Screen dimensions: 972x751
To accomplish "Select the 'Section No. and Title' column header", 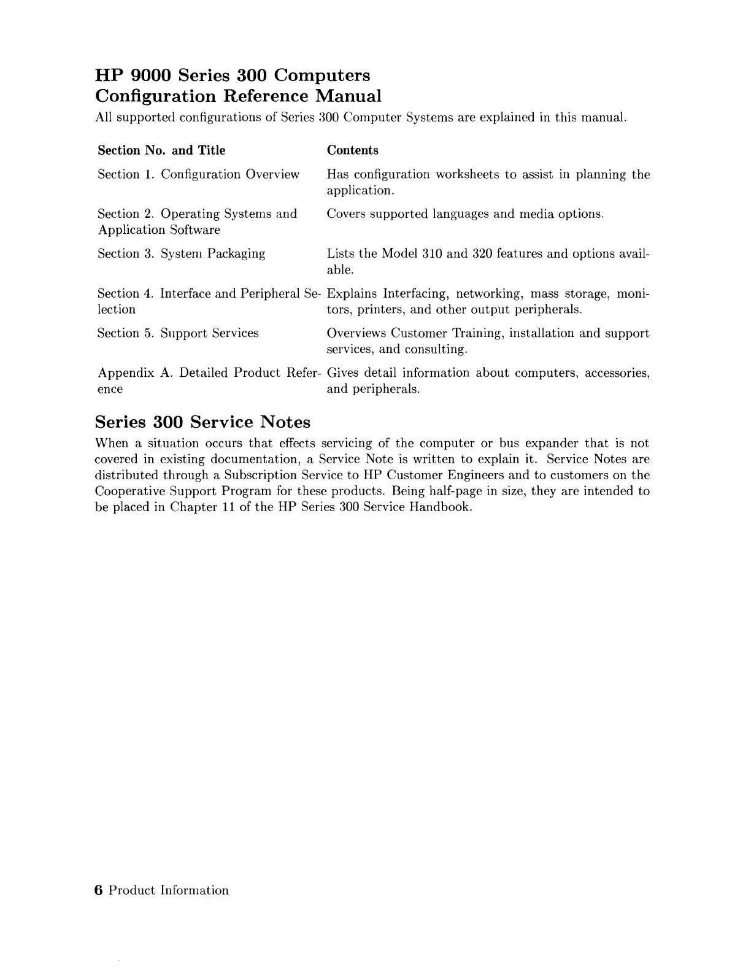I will coord(161,150).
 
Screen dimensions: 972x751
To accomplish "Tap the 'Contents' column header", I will coord(352,150).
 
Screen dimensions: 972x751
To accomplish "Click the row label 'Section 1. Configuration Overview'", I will coord(198,174).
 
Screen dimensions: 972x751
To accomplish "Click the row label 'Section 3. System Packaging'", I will coord(181,253).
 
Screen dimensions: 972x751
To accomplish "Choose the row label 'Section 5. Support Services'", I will coord(178,333).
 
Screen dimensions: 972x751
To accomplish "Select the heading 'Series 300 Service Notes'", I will coord(202,422).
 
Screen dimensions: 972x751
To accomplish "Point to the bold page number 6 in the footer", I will coord(98,890).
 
